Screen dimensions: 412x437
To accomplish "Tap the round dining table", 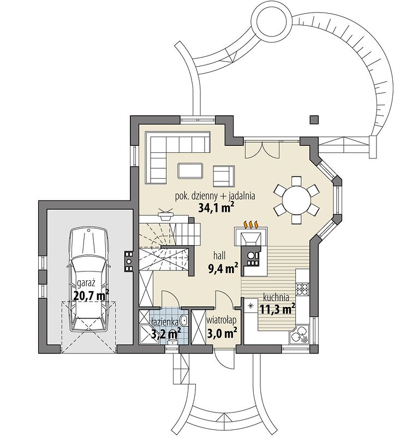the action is coord(296,200).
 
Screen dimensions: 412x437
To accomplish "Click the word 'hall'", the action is coord(219,255).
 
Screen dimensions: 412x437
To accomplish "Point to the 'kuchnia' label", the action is coord(276,297).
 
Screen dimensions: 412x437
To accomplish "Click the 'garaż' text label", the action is coord(86,284).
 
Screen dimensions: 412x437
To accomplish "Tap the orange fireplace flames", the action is coord(252,224).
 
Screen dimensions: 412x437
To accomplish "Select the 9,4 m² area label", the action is coord(223,268).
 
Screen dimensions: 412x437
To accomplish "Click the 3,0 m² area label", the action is coord(222,333).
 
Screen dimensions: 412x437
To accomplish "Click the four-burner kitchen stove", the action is coord(302,289).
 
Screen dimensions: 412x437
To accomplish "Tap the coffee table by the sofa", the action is coord(190,170).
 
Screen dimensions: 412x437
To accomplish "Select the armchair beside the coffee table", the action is coord(224,176).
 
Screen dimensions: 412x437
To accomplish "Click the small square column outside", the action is coord(314,119).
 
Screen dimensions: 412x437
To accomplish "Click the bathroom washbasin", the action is coord(184,321).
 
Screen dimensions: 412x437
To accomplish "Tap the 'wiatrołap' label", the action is coord(222,320).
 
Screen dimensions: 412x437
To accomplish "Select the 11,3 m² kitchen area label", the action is coord(278,309).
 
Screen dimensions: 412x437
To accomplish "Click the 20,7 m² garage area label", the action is coord(91,295).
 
